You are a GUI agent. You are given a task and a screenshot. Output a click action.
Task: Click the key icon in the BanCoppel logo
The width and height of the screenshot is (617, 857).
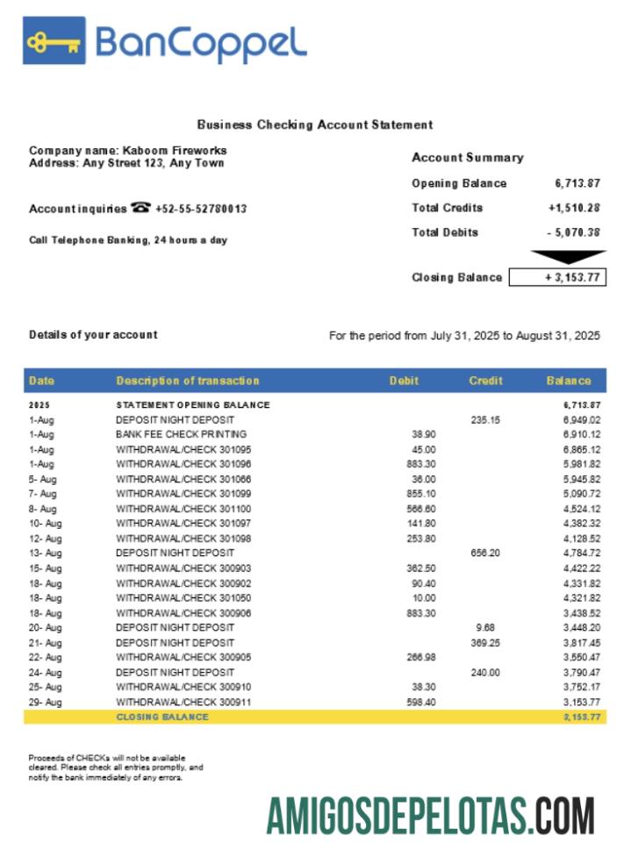pos(54,40)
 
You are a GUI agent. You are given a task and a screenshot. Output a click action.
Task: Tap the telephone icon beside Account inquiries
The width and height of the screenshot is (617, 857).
pos(140,208)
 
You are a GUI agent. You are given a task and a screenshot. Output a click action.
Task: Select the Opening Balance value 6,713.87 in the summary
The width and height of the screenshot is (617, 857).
pos(578,183)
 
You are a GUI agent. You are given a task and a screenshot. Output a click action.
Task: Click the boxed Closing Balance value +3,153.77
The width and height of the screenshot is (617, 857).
pos(557,277)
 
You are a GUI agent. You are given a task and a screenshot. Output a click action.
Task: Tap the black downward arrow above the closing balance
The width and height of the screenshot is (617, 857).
pos(568,257)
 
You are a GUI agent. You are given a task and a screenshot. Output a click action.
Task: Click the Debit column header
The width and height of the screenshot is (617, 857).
pos(404,381)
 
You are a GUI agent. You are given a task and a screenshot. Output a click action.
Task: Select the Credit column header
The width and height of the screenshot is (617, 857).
pos(485,381)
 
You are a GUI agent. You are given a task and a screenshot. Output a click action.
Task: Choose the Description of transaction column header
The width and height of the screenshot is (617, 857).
pos(188,381)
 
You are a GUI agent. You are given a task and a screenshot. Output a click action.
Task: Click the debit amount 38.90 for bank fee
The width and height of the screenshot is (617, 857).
pos(424,434)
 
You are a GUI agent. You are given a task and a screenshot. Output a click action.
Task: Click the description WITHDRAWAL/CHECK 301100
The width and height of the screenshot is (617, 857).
pos(183,509)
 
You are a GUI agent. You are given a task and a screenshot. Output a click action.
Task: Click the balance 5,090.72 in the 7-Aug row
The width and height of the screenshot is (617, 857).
pos(582,494)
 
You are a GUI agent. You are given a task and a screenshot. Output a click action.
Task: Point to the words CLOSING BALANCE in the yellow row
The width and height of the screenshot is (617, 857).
pos(162,717)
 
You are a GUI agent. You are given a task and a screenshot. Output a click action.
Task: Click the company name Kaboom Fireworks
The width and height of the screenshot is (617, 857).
pos(175,151)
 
